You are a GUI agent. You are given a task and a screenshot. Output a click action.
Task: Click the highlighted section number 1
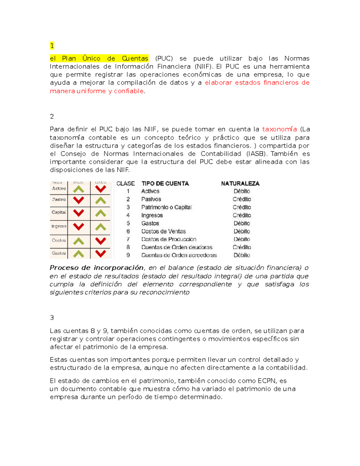point(52,46)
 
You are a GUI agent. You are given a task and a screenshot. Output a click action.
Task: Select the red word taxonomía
point(279,129)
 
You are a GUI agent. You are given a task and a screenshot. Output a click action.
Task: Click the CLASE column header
point(125,184)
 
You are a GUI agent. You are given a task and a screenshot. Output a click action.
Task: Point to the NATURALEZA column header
point(240,184)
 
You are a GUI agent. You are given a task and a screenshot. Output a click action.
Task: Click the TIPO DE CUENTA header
point(165,184)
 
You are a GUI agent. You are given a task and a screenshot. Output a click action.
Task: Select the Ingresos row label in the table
point(152,215)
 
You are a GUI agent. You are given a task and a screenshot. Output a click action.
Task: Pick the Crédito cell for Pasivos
point(242,199)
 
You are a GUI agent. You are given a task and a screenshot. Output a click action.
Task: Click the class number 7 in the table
point(128,239)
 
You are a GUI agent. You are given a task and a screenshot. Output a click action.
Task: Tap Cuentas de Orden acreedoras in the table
point(179,255)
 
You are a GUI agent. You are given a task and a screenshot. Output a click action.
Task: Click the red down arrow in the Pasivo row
point(79,200)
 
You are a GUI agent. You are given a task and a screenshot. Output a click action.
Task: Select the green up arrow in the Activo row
point(79,189)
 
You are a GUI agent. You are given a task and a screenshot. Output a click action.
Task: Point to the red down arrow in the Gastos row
point(100,254)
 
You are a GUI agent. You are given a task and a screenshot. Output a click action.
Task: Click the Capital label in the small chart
point(58,212)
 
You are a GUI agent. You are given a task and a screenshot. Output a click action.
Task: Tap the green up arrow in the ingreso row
point(100,227)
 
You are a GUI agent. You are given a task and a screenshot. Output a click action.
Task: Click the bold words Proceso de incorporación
point(96,268)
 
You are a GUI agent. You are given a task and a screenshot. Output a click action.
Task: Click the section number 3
point(52,318)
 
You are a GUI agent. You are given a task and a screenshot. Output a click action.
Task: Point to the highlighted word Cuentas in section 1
point(135,59)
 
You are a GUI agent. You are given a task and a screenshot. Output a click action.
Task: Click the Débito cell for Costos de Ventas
point(242,231)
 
